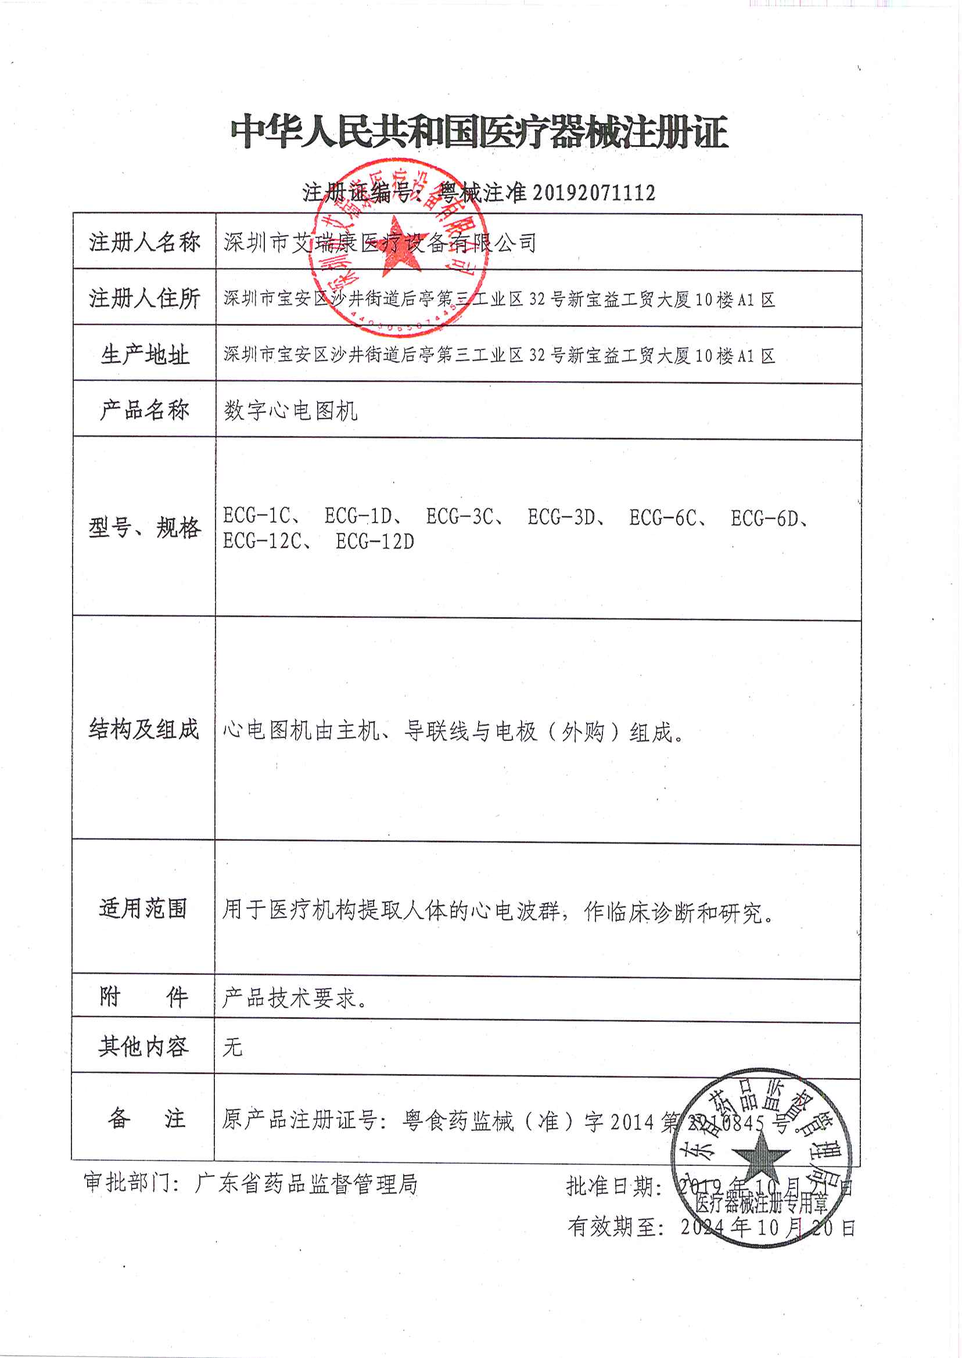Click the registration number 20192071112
(x=594, y=193)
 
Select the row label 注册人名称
(x=145, y=242)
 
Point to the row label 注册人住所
(x=145, y=298)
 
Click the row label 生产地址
(x=145, y=355)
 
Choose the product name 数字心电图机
(x=290, y=410)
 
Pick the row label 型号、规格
(x=145, y=527)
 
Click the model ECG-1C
(x=257, y=516)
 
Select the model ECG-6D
(x=764, y=518)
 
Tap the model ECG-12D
(x=374, y=541)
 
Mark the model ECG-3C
(x=460, y=517)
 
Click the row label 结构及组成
(x=144, y=729)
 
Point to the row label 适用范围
(x=143, y=908)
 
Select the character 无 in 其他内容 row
(x=232, y=1047)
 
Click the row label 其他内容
(x=143, y=1047)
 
